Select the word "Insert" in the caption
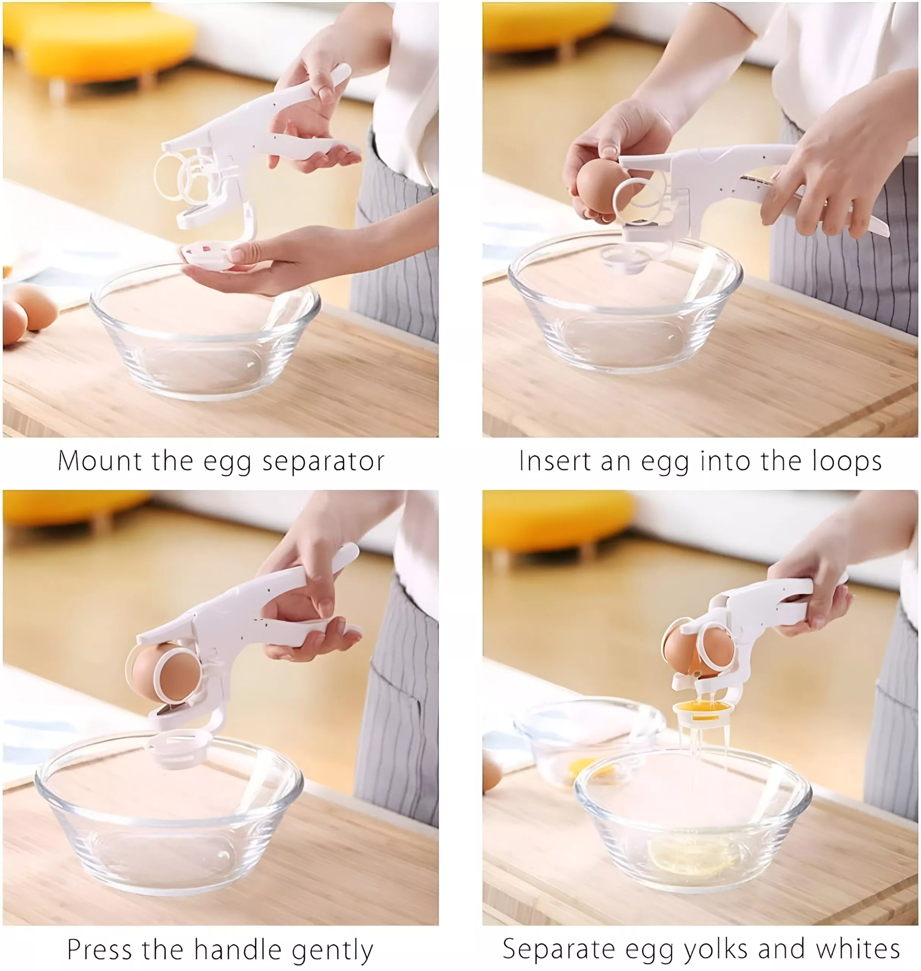(x=555, y=461)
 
